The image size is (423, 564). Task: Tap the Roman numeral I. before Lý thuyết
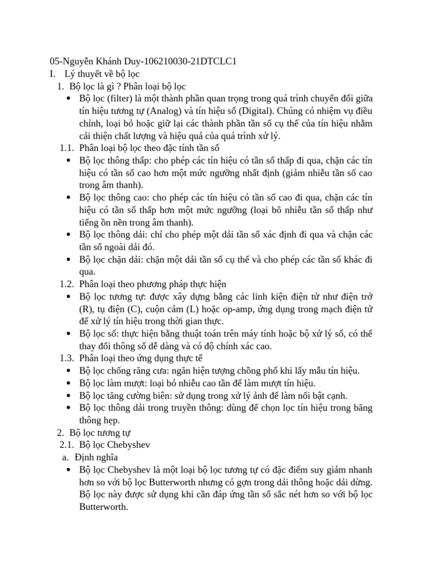coord(52,73)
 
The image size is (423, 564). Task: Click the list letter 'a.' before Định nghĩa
coord(64,457)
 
